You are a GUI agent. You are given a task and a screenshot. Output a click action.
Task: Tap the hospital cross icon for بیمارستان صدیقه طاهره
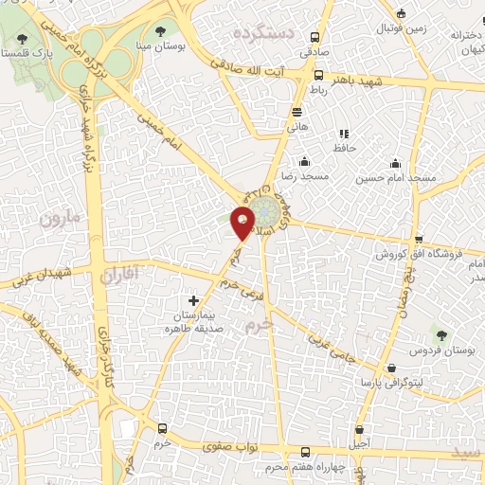194,300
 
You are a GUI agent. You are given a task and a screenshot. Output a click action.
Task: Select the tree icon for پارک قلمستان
22,39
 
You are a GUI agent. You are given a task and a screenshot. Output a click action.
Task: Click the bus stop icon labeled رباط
317,75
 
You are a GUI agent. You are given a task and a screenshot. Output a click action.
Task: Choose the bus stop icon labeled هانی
296,111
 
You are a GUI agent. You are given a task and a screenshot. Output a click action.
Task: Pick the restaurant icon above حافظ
343,134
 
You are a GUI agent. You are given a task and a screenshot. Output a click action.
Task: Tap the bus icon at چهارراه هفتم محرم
304,453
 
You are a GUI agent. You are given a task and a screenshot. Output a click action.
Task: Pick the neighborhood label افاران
118,276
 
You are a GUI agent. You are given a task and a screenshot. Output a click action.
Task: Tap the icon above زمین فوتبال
401,13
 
